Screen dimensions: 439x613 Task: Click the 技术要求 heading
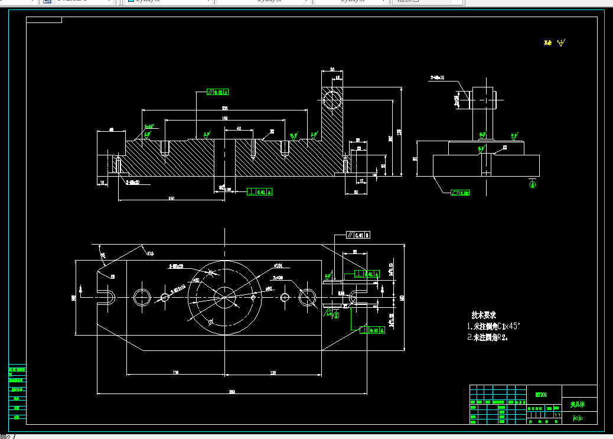click(x=483, y=315)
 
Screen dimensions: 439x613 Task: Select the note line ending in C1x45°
click(x=493, y=326)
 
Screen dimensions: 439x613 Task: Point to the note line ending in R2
click(x=487, y=338)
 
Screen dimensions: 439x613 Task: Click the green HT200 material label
click(x=540, y=394)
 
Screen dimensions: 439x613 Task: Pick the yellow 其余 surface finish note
click(x=555, y=43)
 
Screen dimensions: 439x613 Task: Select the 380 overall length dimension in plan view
click(x=231, y=392)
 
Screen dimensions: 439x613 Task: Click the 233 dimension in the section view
click(x=224, y=108)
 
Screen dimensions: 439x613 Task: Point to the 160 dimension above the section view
click(x=224, y=118)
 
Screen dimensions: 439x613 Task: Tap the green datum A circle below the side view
click(x=532, y=184)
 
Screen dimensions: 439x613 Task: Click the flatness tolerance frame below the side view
click(x=460, y=193)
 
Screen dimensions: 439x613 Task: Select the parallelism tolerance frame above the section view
click(x=217, y=92)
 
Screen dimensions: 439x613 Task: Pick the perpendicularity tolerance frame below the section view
click(x=260, y=191)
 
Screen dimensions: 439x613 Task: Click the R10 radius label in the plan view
click(x=150, y=254)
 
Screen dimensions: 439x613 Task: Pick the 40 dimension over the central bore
click(x=239, y=128)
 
